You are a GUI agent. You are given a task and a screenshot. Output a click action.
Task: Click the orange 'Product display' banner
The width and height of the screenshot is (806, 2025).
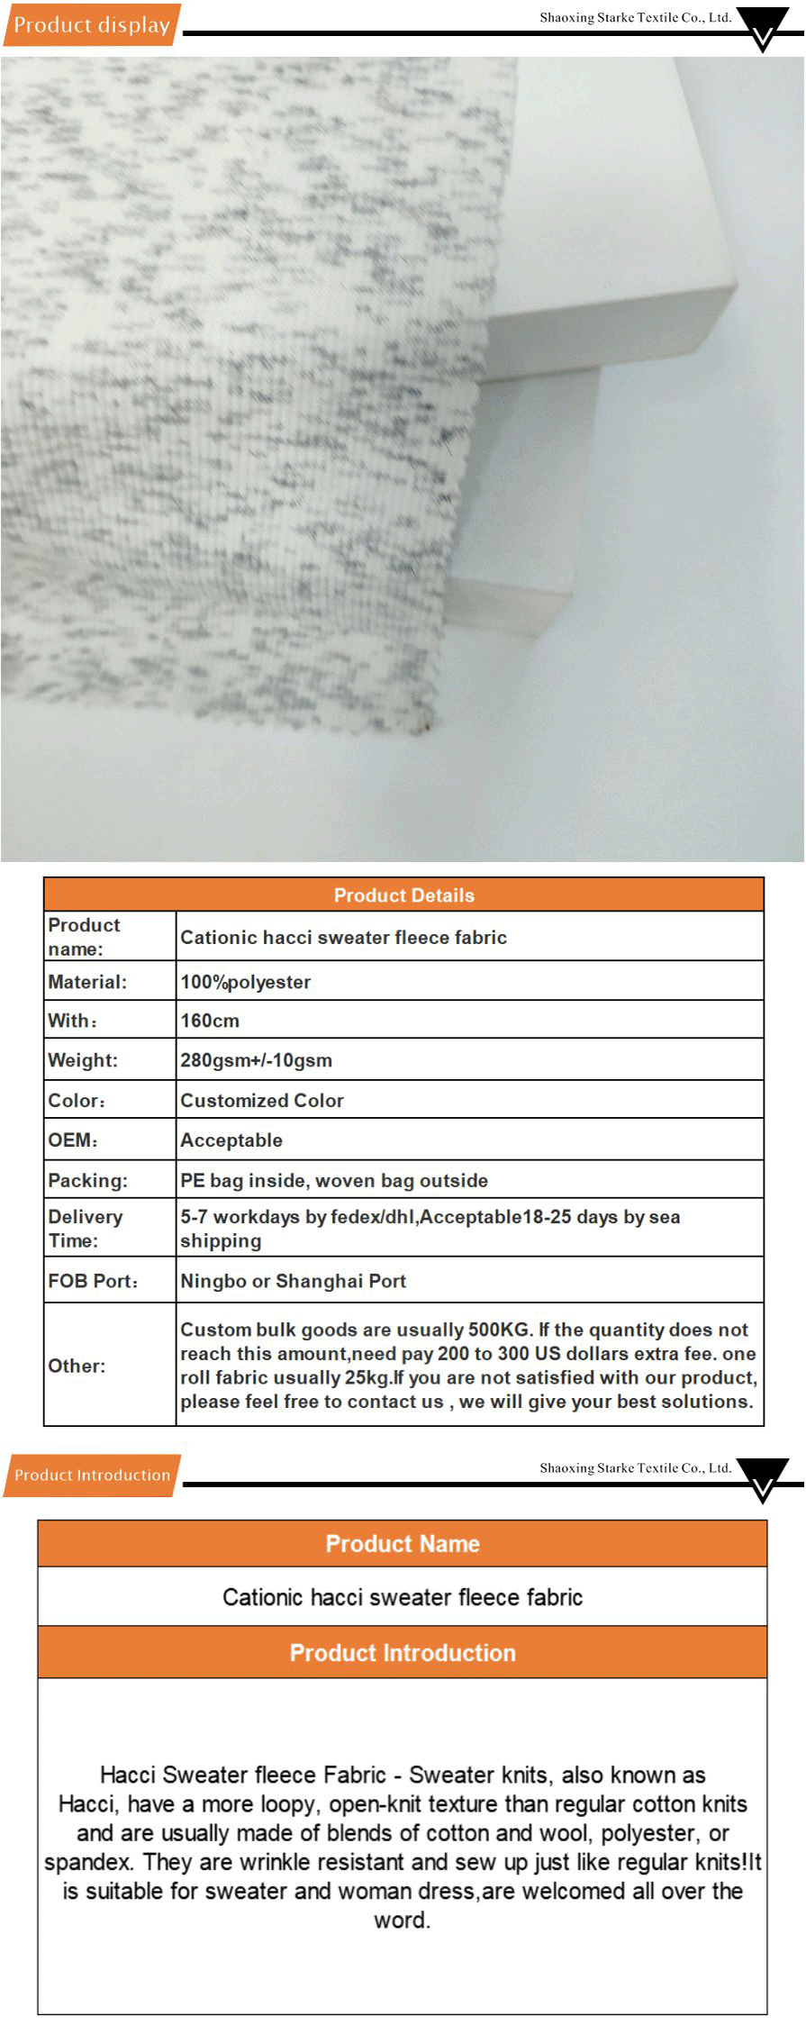pyautogui.click(x=92, y=25)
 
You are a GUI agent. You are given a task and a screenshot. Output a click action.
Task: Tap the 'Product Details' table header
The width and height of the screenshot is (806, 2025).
pyautogui.click(x=403, y=894)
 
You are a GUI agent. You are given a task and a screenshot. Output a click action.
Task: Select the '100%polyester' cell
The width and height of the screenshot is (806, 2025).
pyautogui.click(x=246, y=982)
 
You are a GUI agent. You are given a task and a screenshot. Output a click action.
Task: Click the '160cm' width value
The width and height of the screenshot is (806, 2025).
pyautogui.click(x=210, y=1021)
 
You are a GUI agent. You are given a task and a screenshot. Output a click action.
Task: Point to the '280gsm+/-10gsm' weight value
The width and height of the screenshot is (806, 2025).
pyautogui.click(x=256, y=1060)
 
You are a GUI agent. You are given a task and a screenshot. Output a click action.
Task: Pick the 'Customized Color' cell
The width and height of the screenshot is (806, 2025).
pyautogui.click(x=262, y=1100)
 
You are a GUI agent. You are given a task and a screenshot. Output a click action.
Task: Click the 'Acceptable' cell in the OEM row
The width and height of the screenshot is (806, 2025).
pyautogui.click(x=231, y=1140)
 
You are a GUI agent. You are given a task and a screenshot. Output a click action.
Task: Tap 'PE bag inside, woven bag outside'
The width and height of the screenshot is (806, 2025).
pyautogui.click(x=334, y=1180)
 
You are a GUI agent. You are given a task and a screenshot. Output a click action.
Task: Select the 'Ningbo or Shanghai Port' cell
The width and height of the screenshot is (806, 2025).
pyautogui.click(x=293, y=1281)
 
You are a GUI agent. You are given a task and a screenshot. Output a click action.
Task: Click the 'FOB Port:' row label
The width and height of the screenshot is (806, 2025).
pyautogui.click(x=93, y=1281)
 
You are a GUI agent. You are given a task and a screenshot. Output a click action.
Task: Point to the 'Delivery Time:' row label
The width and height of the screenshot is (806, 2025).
pyautogui.click(x=86, y=1228)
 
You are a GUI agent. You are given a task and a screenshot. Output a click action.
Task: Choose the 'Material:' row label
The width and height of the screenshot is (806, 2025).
pyautogui.click(x=87, y=982)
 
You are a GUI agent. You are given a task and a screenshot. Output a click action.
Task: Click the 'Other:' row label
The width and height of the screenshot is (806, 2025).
pyautogui.click(x=77, y=1366)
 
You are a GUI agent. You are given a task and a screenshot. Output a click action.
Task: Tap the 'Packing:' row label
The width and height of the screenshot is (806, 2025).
pyautogui.click(x=87, y=1180)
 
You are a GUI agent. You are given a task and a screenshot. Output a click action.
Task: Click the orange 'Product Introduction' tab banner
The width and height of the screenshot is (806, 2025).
pyautogui.click(x=92, y=1475)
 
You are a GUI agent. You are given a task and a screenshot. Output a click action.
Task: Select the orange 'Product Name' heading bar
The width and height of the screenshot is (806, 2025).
pyautogui.click(x=403, y=1543)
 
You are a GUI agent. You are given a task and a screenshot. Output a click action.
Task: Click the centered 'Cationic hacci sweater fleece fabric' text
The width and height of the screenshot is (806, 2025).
pyautogui.click(x=403, y=1597)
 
